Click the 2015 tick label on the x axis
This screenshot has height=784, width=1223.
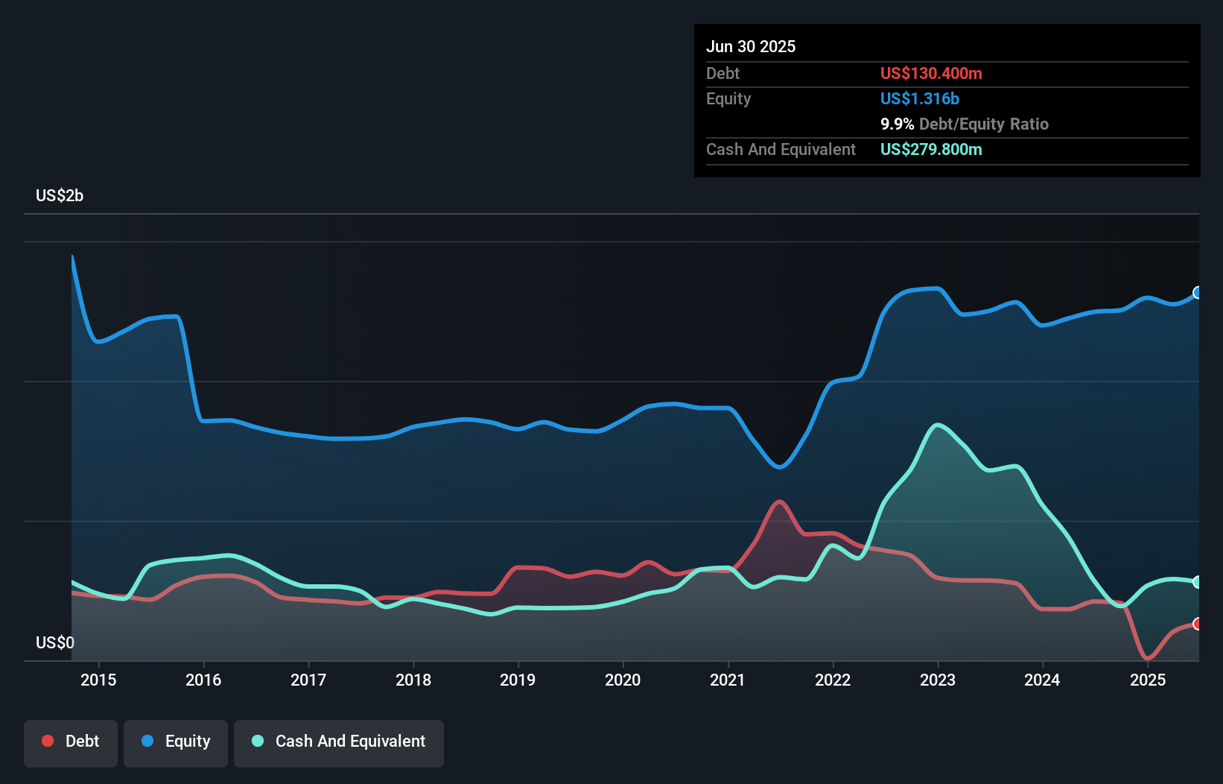point(98,680)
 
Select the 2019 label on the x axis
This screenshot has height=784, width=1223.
point(518,680)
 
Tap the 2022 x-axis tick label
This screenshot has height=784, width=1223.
point(833,680)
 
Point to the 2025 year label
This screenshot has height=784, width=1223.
point(1148,680)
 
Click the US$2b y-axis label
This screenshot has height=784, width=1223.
point(60,196)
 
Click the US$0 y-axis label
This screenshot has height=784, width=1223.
point(55,642)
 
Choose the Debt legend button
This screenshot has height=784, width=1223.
point(71,742)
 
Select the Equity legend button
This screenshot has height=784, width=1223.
point(176,742)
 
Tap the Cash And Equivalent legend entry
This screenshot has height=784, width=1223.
point(339,742)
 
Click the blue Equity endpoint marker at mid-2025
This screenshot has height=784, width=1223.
point(1198,293)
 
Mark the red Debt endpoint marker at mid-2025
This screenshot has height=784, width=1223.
point(1198,624)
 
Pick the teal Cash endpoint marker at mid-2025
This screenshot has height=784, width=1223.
point(1198,582)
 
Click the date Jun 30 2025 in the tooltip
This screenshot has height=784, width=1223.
point(751,47)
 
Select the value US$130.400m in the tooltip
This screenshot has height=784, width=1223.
point(931,74)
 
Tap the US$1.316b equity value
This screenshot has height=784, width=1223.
point(920,99)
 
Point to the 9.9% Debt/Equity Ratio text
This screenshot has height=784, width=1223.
point(965,124)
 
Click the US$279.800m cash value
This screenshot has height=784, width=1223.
point(931,150)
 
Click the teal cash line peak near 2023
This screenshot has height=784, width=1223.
point(938,425)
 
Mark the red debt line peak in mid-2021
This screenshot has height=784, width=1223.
point(779,502)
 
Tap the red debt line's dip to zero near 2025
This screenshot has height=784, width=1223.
point(1147,659)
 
